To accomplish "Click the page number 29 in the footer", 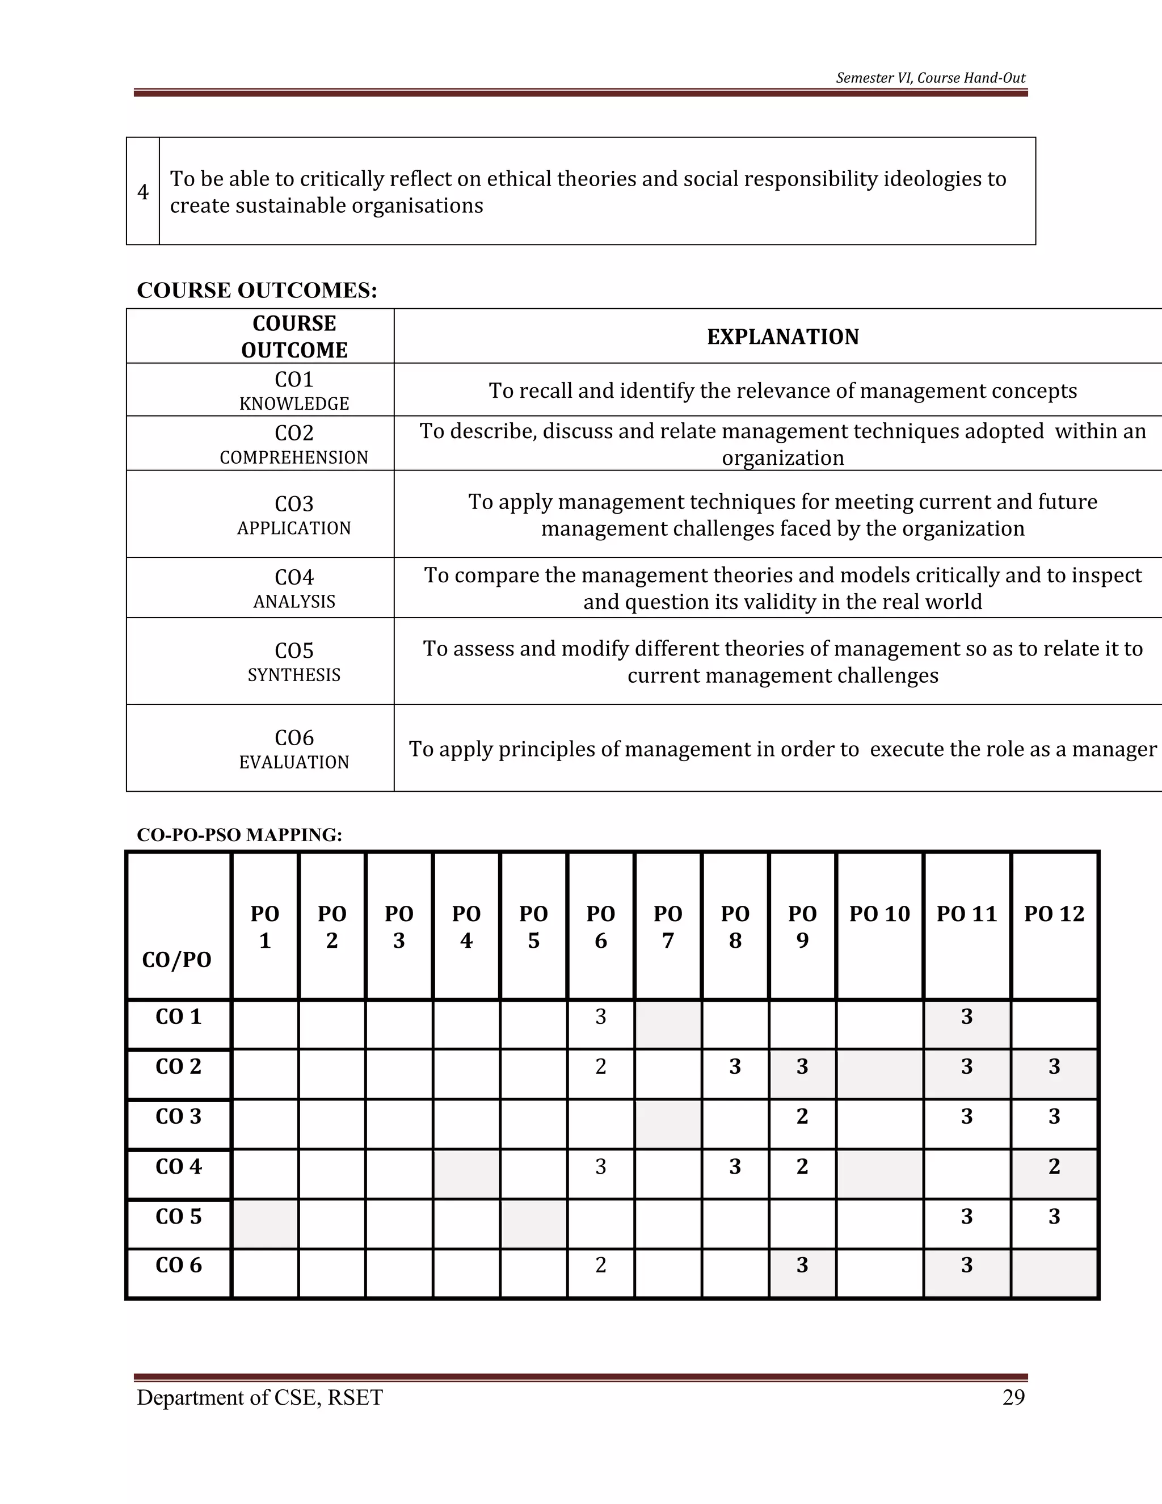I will pos(1013,1397).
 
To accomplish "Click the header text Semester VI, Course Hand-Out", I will pos(930,78).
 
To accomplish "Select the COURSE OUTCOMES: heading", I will pos(257,290).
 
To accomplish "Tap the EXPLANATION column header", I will pos(782,337).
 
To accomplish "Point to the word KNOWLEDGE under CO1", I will pos(294,404).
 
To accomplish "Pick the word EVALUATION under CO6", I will pos(294,762).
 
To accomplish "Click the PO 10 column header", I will pos(879,914).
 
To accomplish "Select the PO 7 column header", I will pos(668,927).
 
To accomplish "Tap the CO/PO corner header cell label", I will pos(177,959).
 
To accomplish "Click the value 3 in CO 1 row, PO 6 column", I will pos(600,1016).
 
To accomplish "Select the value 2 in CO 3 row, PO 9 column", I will pos(802,1116).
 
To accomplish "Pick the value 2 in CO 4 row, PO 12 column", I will pos(1054,1166).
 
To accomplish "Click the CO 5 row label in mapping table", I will pos(178,1216).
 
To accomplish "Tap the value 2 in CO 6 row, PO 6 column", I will pos(600,1265).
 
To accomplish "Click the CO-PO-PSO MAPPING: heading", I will pos(239,835).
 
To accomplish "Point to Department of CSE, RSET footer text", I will pos(259,1397).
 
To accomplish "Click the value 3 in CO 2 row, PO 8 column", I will pos(735,1067).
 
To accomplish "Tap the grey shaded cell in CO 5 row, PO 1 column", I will pos(265,1224).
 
